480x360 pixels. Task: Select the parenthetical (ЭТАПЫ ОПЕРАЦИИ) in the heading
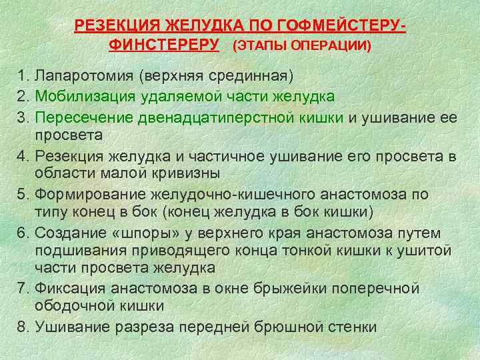tap(302, 47)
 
